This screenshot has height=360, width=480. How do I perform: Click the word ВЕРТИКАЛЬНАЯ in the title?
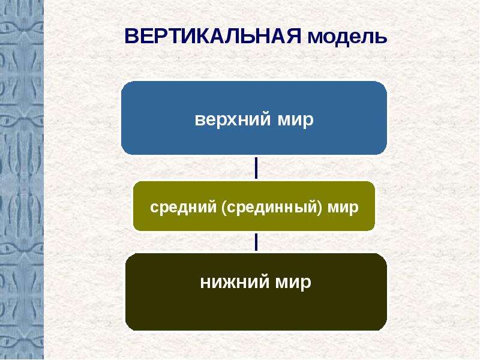click(x=213, y=36)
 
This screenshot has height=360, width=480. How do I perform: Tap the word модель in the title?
click(x=347, y=37)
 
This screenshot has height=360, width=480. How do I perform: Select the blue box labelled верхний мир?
click(x=254, y=118)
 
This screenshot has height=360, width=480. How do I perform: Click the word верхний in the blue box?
click(x=233, y=119)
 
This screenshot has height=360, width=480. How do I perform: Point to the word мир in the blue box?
click(x=296, y=120)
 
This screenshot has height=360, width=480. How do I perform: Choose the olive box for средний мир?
click(x=254, y=206)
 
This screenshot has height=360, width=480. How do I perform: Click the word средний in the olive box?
click(x=184, y=208)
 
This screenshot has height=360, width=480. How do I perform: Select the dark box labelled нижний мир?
click(x=256, y=292)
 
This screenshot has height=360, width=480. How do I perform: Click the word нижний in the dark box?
click(x=235, y=282)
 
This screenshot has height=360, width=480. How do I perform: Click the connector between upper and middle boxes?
click(x=256, y=168)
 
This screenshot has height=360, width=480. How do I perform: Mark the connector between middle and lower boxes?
click(x=256, y=242)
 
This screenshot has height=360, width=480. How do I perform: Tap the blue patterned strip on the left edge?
click(x=22, y=180)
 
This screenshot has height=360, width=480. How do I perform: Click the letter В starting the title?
click(x=132, y=36)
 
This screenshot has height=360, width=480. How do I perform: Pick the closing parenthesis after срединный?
click(x=320, y=208)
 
